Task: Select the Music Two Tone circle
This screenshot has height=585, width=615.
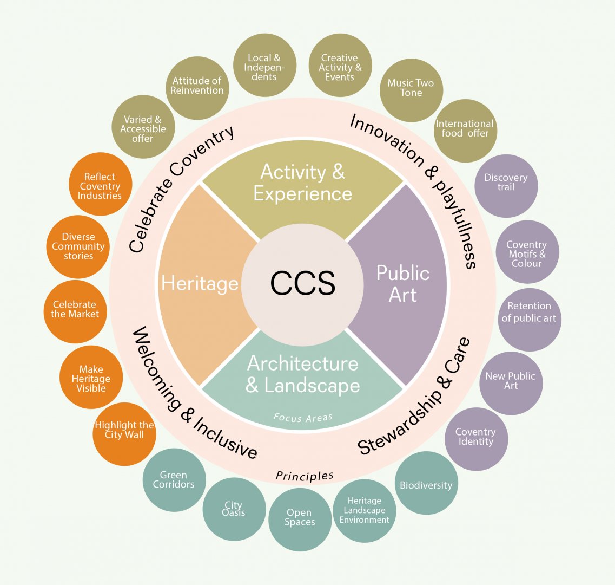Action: (411, 88)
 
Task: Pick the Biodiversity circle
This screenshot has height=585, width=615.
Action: (426, 484)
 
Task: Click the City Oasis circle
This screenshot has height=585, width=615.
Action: (234, 509)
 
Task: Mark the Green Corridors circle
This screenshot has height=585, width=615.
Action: (174, 480)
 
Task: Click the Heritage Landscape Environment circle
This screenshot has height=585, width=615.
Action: (364, 510)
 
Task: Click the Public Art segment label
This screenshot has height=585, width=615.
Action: (402, 284)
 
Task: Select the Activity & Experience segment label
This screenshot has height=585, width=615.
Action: (302, 183)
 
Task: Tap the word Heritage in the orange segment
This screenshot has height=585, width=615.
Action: (200, 283)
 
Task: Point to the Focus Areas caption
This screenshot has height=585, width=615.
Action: (302, 417)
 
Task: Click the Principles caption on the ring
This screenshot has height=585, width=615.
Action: (305, 476)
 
